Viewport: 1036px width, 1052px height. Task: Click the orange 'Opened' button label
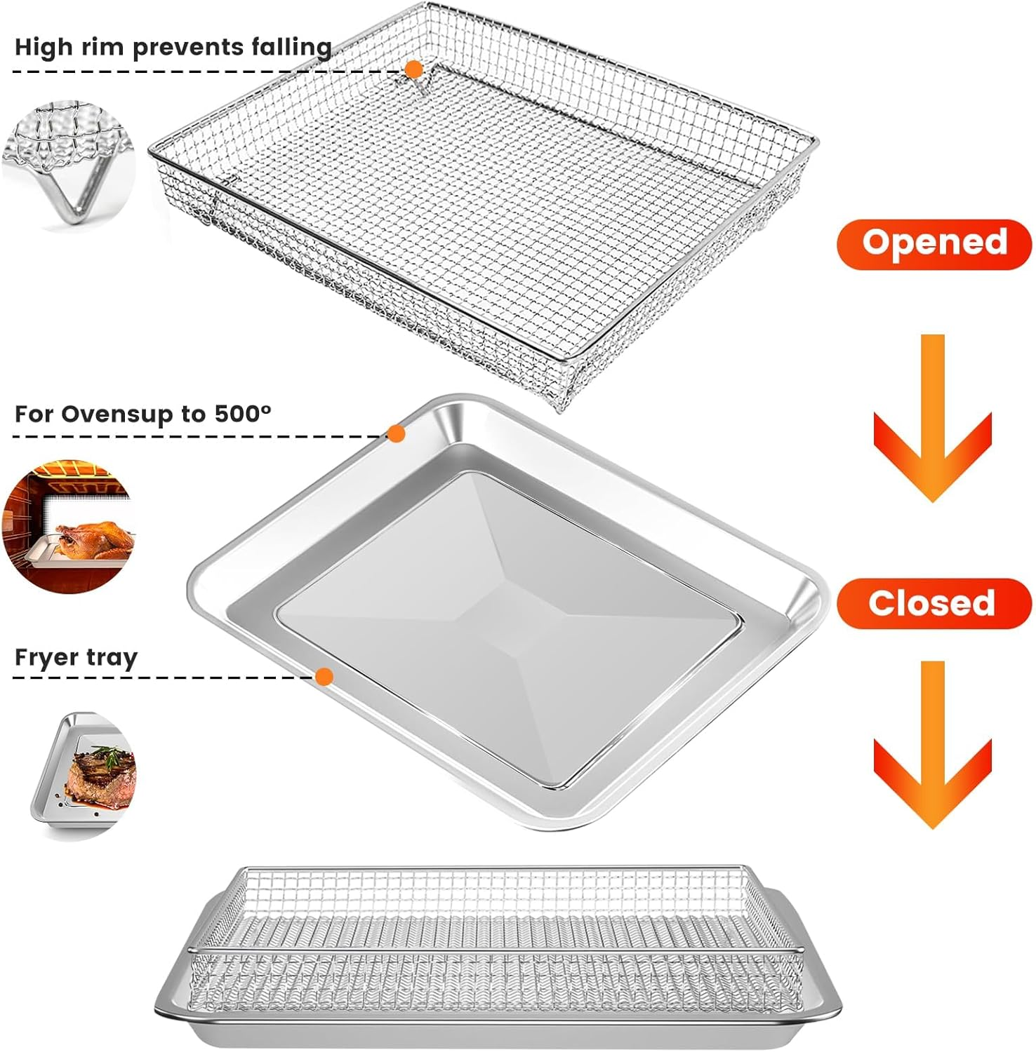tap(934, 243)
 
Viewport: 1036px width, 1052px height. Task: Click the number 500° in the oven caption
tap(242, 414)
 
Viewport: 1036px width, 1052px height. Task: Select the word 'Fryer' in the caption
tap(46, 659)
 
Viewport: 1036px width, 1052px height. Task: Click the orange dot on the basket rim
tap(413, 69)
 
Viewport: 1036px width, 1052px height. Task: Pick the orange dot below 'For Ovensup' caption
tap(397, 434)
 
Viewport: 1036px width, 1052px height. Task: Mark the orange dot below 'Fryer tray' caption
tap(324, 677)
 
